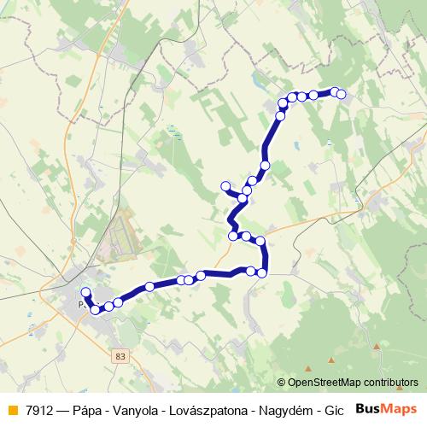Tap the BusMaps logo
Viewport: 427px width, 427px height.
pyautogui.click(x=387, y=407)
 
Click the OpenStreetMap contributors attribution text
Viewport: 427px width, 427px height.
pyautogui.click(x=353, y=382)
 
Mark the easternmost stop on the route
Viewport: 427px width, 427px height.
pyautogui.click(x=342, y=94)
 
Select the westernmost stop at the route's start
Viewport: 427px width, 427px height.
pyautogui.click(x=85, y=292)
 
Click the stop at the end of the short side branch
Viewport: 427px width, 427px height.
pyautogui.click(x=225, y=186)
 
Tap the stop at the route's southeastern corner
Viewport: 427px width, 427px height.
pyautogui.click(x=262, y=273)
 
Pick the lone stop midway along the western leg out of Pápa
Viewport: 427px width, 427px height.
pyautogui.click(x=149, y=287)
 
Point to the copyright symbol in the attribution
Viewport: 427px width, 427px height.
pyautogui.click(x=282, y=382)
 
